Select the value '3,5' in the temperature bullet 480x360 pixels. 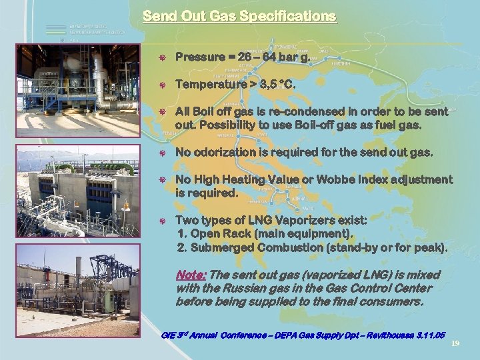click(270, 85)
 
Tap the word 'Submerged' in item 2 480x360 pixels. click(223, 247)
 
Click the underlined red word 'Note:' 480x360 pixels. click(191, 275)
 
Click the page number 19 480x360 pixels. click(455, 343)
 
